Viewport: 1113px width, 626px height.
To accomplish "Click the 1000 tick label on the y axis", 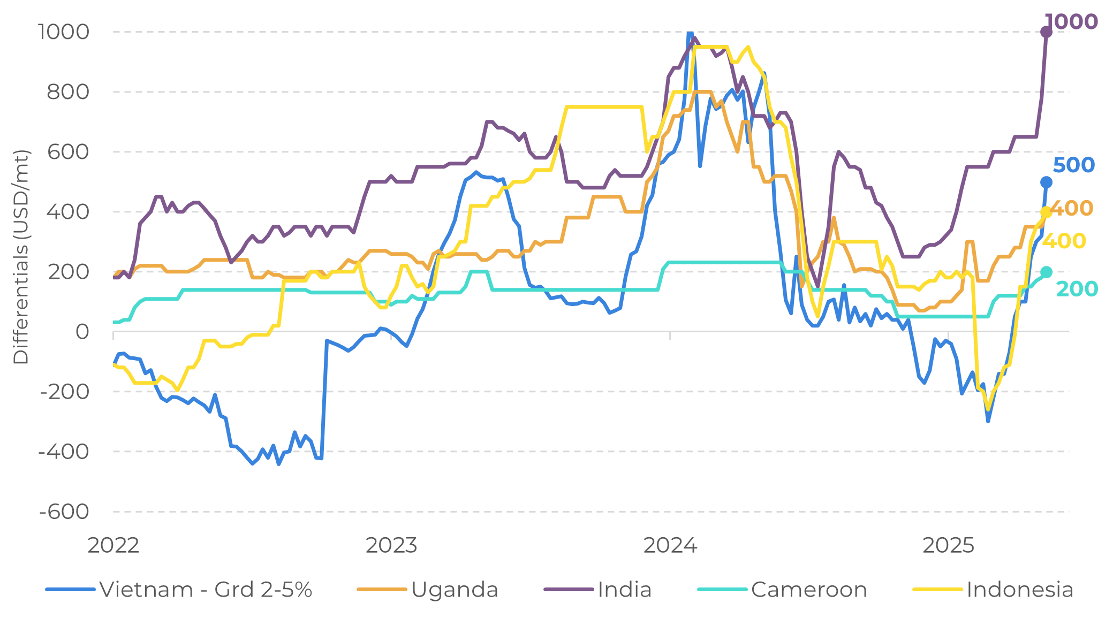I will [x=63, y=32].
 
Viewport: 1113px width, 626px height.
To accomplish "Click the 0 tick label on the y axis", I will [x=82, y=332].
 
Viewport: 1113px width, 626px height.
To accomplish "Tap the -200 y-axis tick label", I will [x=64, y=392].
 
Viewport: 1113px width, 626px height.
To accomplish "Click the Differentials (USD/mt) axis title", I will [x=21, y=257].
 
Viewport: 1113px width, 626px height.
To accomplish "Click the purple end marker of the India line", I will [x=1046, y=32].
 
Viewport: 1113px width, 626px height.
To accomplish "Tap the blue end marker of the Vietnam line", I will [x=1046, y=182].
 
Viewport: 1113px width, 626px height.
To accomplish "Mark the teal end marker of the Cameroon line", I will [x=1046, y=272].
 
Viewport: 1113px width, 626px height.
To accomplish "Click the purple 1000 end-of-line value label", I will [x=1071, y=22].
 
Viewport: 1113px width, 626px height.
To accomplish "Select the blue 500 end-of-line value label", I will [x=1073, y=165].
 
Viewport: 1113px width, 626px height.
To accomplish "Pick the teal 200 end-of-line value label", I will [x=1077, y=289].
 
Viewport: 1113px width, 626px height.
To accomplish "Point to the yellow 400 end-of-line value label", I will [x=1064, y=241].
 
